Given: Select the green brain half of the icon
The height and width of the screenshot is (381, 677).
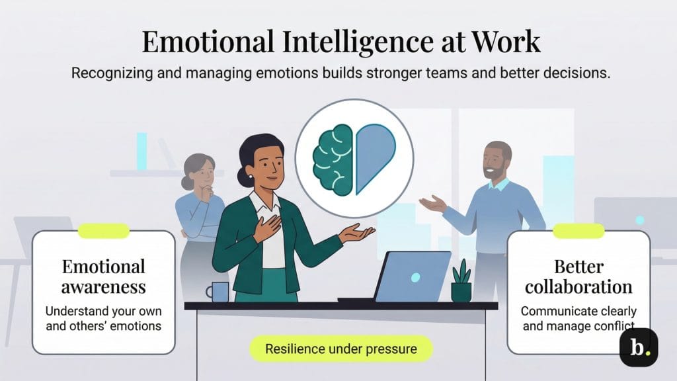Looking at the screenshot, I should click(335, 159).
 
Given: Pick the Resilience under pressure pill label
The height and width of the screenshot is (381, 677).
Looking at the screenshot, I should click(341, 349).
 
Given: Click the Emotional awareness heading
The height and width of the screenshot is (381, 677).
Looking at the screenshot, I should click(103, 277).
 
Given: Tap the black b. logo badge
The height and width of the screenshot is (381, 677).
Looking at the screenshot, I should click(638, 347).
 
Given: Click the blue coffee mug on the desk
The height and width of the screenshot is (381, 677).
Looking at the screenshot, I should click(219, 292).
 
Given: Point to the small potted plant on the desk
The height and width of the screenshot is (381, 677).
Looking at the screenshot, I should click(461, 282).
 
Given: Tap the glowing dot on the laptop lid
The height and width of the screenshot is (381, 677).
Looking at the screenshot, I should click(415, 277).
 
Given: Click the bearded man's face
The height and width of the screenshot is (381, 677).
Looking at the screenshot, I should click(496, 161).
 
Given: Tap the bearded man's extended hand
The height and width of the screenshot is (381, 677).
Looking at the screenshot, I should click(432, 204).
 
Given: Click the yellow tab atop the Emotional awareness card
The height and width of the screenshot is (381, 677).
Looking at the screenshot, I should click(103, 231).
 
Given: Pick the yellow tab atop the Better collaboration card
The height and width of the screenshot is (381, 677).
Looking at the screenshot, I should click(578, 231).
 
